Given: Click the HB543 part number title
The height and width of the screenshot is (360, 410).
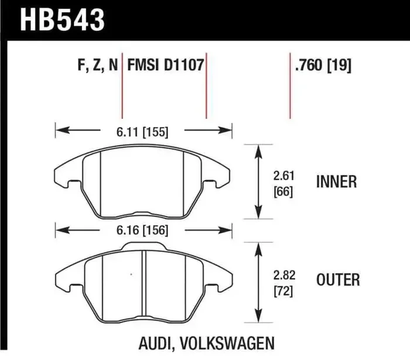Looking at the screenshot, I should [63, 19].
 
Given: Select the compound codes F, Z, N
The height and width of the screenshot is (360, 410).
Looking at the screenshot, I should [97, 66].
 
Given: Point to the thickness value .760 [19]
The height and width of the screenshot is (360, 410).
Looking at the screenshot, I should [324, 66].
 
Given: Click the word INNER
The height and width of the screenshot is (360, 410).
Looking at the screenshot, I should [336, 182].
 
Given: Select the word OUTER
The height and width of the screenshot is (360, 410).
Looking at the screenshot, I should [338, 280].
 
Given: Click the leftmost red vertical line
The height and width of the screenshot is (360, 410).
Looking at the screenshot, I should [122, 88].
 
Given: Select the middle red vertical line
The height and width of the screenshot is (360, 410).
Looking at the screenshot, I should [206, 88].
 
